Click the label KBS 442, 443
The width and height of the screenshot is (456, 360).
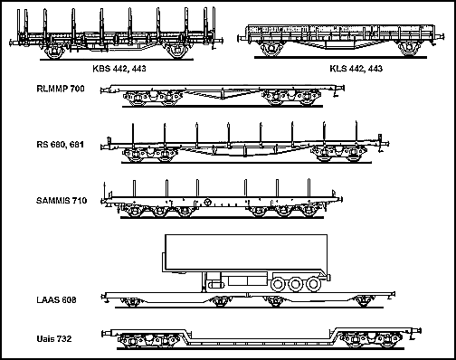tap(119, 69)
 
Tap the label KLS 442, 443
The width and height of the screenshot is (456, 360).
tap(356, 69)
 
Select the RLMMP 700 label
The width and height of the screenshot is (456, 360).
tap(61, 89)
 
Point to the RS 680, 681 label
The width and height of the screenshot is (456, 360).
tap(60, 145)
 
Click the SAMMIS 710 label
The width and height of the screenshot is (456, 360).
tap(62, 201)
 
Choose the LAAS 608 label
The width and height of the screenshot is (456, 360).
tap(56, 300)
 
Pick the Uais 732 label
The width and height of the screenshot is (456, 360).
tap(54, 339)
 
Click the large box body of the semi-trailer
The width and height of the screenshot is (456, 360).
tap(246, 252)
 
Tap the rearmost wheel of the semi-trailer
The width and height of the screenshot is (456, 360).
tap(313, 284)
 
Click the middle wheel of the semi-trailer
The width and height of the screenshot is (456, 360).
tap(296, 284)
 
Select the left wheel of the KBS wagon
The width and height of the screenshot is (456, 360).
tap(54, 52)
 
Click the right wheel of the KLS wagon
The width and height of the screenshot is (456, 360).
tap(409, 49)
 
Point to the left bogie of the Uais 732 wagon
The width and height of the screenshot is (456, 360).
tap(147, 341)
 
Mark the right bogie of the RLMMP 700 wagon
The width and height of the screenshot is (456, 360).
tap(291, 98)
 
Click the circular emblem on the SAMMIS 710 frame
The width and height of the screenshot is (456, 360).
tap(207, 202)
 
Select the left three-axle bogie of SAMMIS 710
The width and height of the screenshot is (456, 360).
tap(158, 210)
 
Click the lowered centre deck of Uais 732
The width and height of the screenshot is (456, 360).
tap(262, 343)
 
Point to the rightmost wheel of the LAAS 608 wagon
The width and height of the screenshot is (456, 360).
tap(363, 302)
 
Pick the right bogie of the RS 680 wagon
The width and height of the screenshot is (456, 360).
tap(338, 154)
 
